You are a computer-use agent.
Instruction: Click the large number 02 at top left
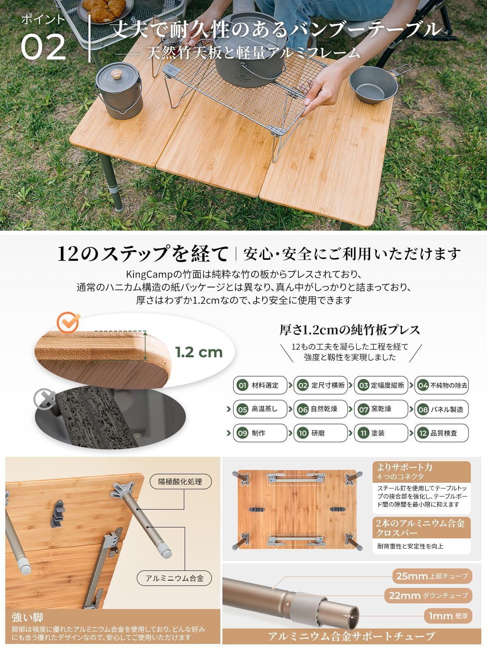pos(43,48)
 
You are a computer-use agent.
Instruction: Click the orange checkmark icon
pos(67,322)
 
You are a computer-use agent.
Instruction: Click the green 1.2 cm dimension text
pos(199,352)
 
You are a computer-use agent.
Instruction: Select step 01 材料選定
pos(260,385)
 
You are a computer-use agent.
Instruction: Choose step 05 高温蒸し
pos(260,409)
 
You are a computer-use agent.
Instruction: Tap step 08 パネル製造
pos(441,409)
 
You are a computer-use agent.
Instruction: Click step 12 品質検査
pos(441,433)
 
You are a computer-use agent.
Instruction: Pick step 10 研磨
pos(320,433)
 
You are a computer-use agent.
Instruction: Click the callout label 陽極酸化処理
pos(180,482)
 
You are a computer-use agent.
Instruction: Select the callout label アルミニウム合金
pos(174,579)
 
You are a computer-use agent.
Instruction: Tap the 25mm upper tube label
pos(432,576)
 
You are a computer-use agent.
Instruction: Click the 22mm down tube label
pos(428,596)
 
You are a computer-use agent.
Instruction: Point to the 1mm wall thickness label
pos(448,616)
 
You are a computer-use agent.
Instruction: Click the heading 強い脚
pos(28,618)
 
